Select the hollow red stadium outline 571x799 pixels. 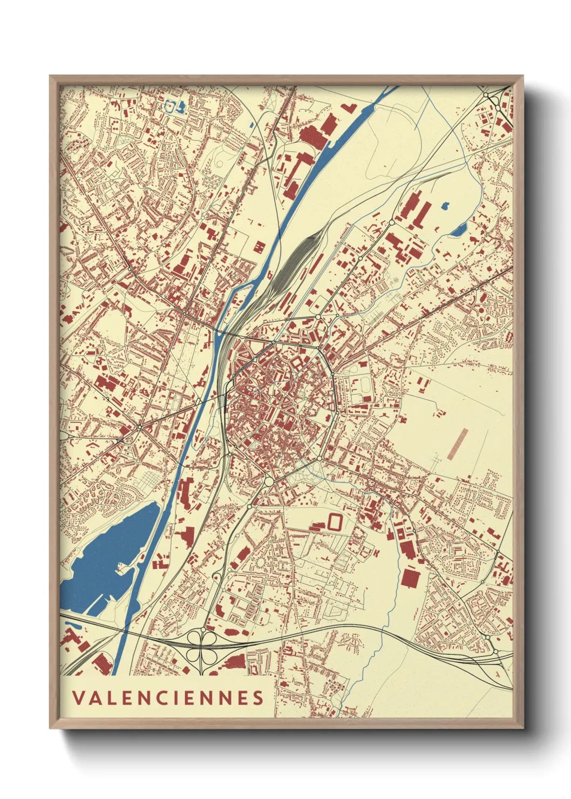coord(335,522)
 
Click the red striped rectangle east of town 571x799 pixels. coord(458,443)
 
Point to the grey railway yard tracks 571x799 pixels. coord(291,265)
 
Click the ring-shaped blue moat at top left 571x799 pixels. coord(172,105)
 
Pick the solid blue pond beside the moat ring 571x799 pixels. coord(182,105)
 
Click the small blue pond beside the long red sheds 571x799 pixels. coord(445,205)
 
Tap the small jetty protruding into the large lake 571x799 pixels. coord(122,566)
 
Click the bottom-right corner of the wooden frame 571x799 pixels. coord(522,727)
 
